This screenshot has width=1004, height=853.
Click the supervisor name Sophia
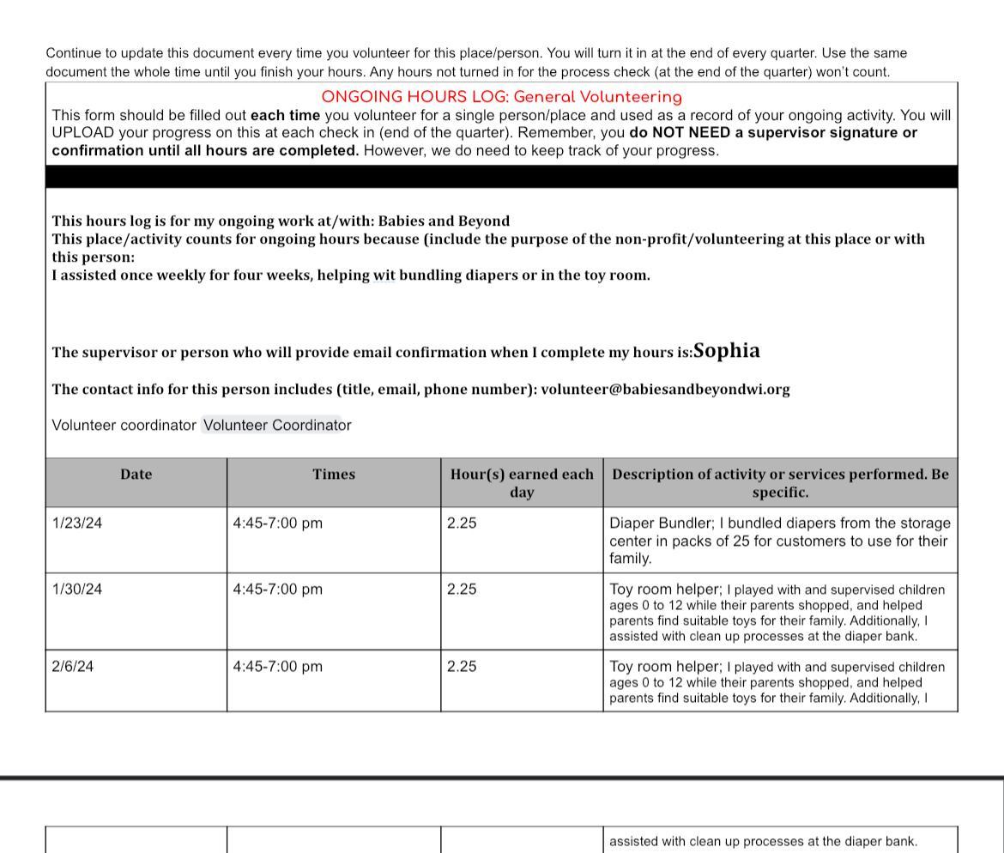point(726,350)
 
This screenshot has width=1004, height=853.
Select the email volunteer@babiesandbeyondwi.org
point(665,389)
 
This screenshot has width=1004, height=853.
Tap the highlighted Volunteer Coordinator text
point(272,425)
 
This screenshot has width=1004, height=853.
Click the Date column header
point(136,474)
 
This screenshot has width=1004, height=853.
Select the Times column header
point(334,474)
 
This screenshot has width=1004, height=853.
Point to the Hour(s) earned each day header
point(522,482)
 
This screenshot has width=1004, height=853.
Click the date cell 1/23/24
point(77,523)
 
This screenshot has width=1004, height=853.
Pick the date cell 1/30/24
point(77,589)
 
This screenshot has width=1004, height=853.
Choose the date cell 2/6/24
point(73,666)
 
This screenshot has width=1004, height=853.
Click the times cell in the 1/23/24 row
point(278,523)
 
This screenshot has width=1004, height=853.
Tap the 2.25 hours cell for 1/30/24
point(462,589)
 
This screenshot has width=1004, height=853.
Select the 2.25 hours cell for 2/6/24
point(462,666)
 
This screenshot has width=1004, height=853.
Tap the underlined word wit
point(384,275)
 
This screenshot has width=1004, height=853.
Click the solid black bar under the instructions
point(501,177)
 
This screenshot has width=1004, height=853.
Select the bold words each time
point(285,115)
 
